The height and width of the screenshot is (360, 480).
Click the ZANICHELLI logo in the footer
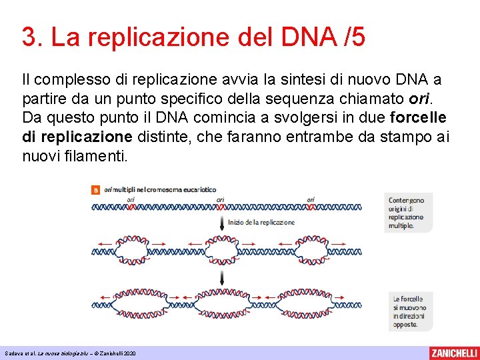click(x=453, y=353)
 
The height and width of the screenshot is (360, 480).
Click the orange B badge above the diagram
click(x=96, y=189)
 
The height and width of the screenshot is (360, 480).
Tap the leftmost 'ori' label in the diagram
click(x=131, y=199)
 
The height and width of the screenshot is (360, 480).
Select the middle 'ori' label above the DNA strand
click(x=220, y=199)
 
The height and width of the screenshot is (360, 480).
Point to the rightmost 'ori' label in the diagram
click(x=311, y=199)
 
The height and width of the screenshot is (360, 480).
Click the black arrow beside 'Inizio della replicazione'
click(x=221, y=222)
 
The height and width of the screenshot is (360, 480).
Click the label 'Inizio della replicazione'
click(x=261, y=223)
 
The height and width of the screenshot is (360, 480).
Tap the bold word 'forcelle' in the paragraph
click(x=419, y=118)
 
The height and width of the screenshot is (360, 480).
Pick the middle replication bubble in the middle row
click(x=220, y=250)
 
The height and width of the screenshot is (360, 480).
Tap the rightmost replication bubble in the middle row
click(x=311, y=250)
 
